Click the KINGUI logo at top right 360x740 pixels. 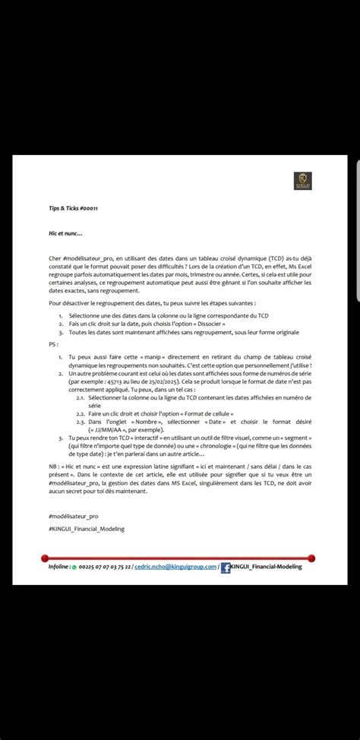303,181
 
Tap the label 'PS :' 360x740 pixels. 52,343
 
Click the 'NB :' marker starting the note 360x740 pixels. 52,463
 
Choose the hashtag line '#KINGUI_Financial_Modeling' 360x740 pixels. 85,528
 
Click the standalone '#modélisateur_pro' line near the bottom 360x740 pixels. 72,516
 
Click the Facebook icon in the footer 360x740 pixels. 226,567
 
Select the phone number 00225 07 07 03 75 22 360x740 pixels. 105,567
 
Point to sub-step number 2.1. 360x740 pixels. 80,397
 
